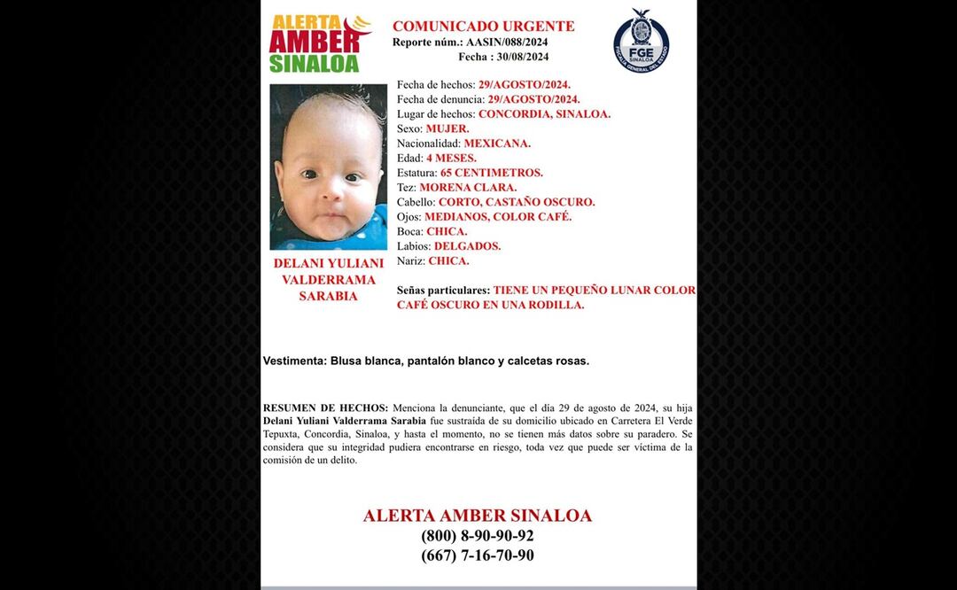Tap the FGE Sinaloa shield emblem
coord(641,41)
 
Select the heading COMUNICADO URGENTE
coord(483,27)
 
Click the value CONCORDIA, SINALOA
coord(544,114)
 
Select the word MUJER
coord(447,128)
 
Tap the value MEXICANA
coord(497,144)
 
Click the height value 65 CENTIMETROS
coord(492,173)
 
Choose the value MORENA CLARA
coord(468,188)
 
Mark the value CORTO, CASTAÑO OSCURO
coord(517,202)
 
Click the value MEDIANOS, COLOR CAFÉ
coord(498,217)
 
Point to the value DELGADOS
coord(467,246)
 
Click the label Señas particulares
coord(443,291)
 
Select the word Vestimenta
coord(294,361)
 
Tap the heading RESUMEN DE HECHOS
coord(325,408)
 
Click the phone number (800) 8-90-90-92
coord(478,536)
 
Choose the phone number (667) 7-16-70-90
coord(478,555)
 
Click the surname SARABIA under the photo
coord(328,297)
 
